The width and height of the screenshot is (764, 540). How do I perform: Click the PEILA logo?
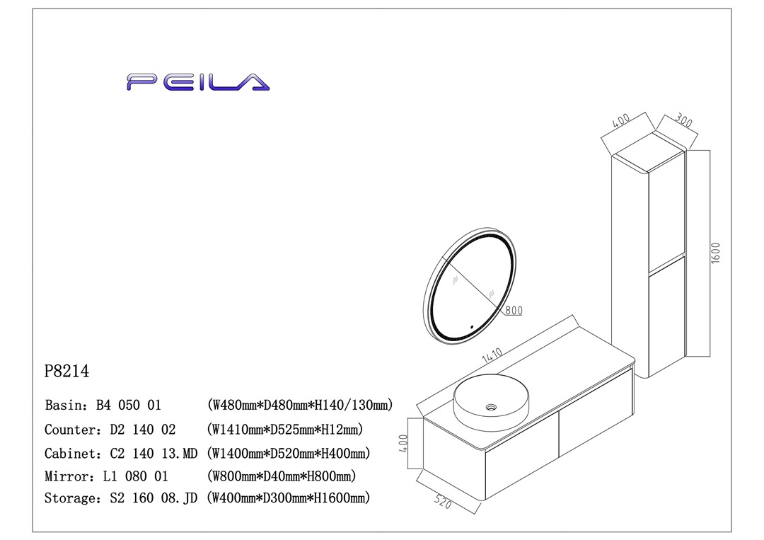198,82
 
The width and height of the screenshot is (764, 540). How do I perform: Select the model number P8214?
66,371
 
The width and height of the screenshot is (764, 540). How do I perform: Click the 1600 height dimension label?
715,253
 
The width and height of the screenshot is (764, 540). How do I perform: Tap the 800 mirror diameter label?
514,309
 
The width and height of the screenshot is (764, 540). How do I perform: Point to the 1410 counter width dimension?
492,356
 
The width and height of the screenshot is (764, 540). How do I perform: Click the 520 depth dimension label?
443,502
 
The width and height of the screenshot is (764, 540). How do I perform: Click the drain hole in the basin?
491,408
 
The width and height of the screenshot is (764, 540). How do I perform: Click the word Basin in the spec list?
60,406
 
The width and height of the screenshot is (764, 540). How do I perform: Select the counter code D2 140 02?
142,430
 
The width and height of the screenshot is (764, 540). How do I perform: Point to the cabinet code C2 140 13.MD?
154,453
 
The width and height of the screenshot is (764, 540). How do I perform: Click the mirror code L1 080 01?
135,476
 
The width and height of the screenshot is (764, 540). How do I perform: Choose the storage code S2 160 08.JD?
154,498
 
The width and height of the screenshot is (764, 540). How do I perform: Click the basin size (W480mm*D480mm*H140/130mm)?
300,406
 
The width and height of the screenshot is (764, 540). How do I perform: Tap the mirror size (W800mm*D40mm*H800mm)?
282,476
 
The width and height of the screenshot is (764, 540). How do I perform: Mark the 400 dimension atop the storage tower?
621,121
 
